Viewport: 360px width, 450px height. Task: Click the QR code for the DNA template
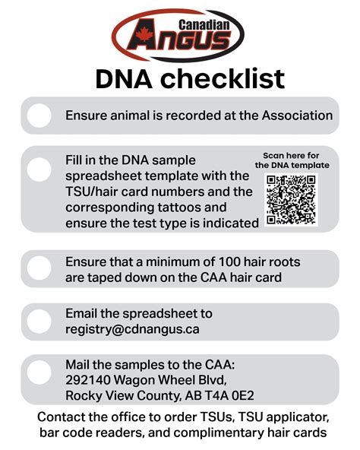click(x=291, y=199)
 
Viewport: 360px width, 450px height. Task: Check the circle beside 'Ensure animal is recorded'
click(x=39, y=116)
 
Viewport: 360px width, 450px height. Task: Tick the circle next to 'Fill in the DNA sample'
click(x=39, y=167)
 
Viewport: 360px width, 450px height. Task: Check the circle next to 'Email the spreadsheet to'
click(x=39, y=322)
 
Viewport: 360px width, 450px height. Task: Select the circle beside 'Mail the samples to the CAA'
click(x=39, y=372)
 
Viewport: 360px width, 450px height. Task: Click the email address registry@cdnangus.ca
click(x=131, y=330)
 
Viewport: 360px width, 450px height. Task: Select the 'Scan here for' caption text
click(x=292, y=155)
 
